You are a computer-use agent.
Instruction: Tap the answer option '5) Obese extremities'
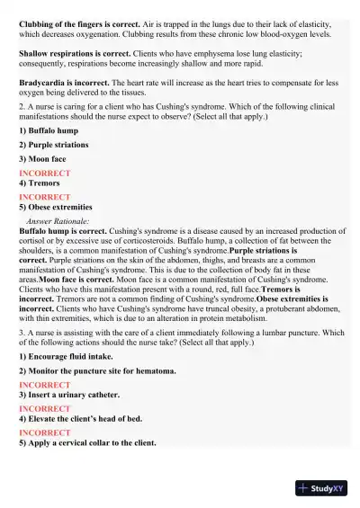[x=56, y=207]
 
